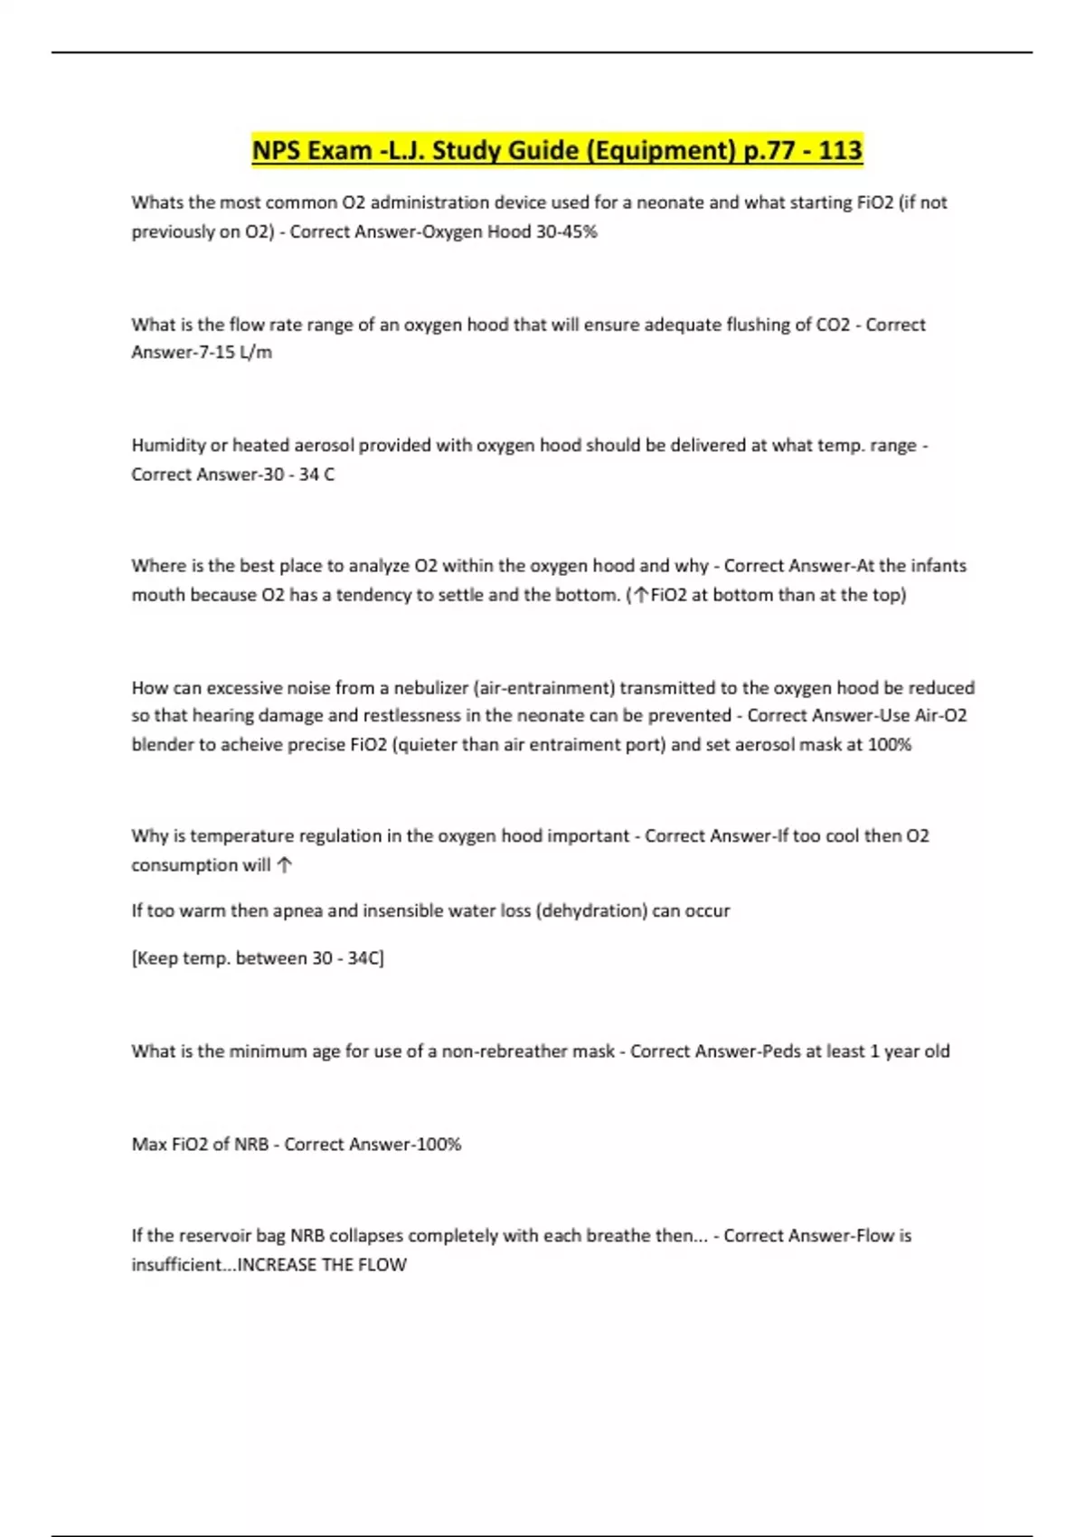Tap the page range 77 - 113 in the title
(x=812, y=150)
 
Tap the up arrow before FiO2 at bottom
(x=641, y=595)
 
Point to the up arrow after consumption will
(x=285, y=865)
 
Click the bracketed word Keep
(x=156, y=958)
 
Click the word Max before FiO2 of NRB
(x=149, y=1145)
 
